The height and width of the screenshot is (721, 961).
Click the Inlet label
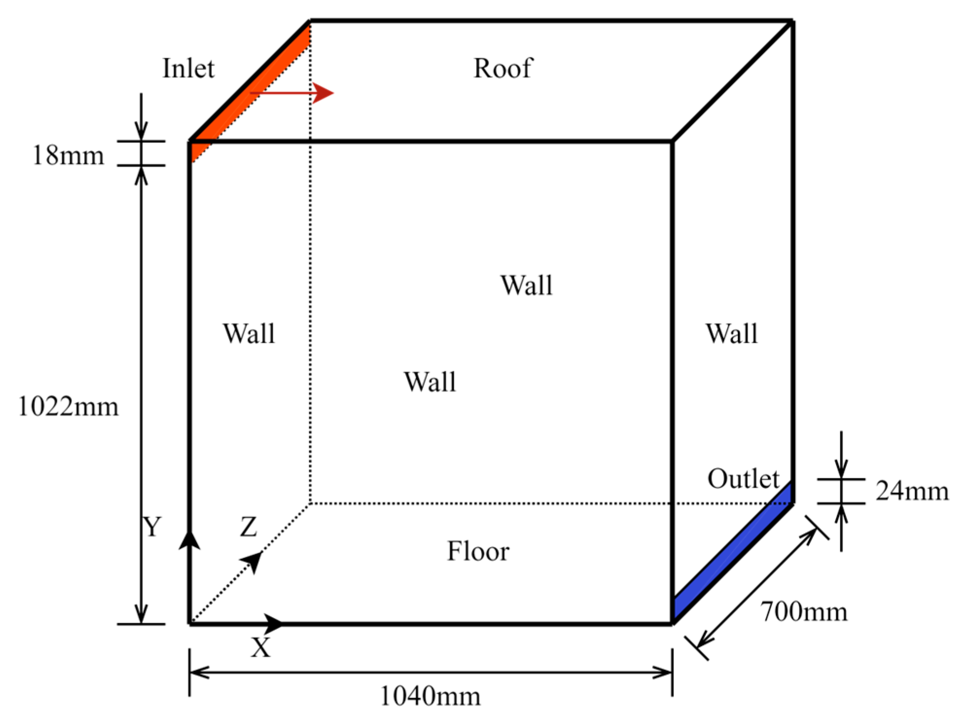pyautogui.click(x=188, y=68)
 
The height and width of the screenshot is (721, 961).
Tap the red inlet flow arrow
pyautogui.click(x=292, y=93)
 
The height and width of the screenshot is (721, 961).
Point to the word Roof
pyautogui.click(x=503, y=68)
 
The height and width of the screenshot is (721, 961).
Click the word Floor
pyautogui.click(x=478, y=551)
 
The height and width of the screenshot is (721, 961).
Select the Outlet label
pyautogui.click(x=743, y=479)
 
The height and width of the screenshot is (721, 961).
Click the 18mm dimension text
pyautogui.click(x=68, y=156)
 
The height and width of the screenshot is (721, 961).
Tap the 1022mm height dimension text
pyautogui.click(x=68, y=406)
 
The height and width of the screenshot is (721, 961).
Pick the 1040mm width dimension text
pyautogui.click(x=430, y=696)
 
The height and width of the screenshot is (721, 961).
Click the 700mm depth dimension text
pyautogui.click(x=804, y=612)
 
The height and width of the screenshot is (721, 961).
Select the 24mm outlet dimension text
pyautogui.click(x=912, y=491)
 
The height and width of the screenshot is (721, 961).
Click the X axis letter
pyautogui.click(x=261, y=648)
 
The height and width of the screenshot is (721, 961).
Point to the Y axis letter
pyautogui.click(x=152, y=527)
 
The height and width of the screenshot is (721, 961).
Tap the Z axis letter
pyautogui.click(x=248, y=527)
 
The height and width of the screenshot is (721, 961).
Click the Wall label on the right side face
pyautogui.click(x=732, y=334)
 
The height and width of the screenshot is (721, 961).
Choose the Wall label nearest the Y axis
pyautogui.click(x=249, y=334)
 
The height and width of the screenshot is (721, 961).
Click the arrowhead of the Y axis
pyautogui.click(x=189, y=540)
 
